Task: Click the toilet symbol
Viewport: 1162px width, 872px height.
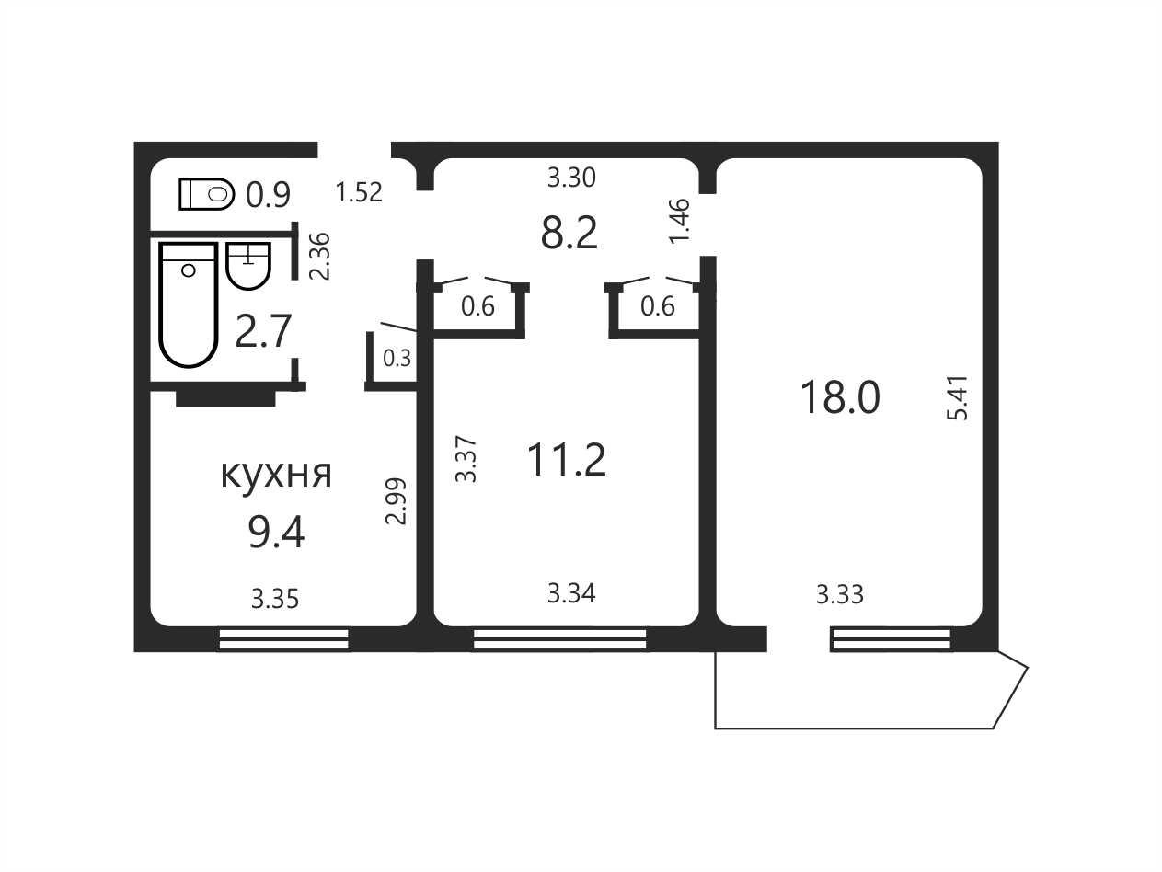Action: [x=207, y=194]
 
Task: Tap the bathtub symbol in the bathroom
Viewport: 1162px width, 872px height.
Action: [x=189, y=304]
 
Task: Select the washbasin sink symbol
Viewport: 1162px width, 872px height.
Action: [x=248, y=266]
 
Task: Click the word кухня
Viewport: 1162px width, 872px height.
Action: [x=276, y=473]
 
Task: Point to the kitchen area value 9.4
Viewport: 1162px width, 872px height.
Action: [x=276, y=533]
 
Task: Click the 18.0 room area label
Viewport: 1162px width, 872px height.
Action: [x=840, y=398]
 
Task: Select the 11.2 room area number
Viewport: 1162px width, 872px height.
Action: [x=567, y=460]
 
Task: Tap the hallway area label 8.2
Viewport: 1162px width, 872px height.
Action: [x=569, y=233]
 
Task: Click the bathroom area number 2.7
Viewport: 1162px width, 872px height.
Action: [x=263, y=331]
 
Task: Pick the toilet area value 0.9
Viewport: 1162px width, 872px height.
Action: [x=268, y=194]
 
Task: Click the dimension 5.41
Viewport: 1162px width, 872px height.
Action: [x=957, y=398]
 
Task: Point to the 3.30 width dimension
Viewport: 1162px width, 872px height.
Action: [x=571, y=178]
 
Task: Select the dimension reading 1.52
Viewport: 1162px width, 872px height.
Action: [x=359, y=192]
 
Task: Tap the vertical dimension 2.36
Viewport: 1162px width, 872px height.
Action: [x=320, y=256]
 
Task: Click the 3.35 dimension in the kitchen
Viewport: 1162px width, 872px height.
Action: [x=275, y=599]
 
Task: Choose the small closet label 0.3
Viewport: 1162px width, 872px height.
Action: [x=397, y=358]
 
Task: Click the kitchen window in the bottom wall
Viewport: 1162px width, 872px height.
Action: [x=283, y=638]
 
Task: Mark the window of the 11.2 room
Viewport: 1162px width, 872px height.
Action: [x=560, y=638]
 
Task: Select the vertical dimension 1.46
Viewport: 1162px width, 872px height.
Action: [x=680, y=221]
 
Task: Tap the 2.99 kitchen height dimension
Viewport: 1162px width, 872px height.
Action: [x=396, y=501]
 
